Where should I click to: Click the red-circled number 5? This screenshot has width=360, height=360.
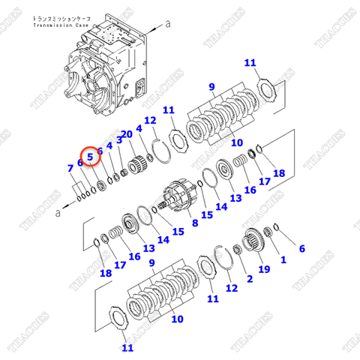90,157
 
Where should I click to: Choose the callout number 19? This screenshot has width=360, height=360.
263,268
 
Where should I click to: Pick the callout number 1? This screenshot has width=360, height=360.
283,259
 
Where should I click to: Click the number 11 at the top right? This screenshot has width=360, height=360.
250,62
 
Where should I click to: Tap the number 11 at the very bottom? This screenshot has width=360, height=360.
127,348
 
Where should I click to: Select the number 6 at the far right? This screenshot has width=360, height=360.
302,248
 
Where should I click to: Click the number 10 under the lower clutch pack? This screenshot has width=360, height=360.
177,319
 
